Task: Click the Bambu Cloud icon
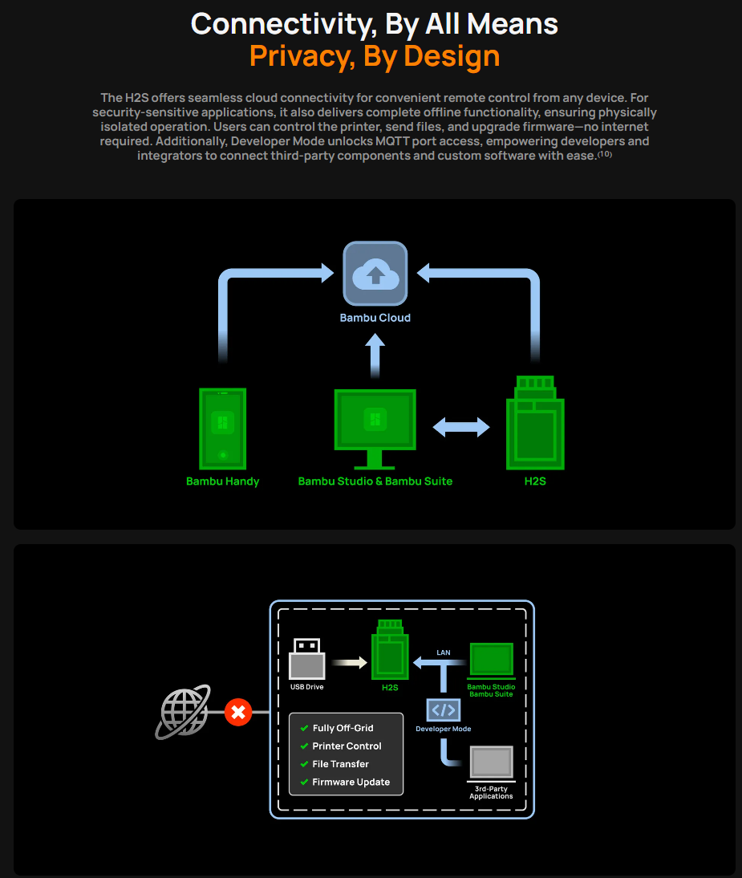click(375, 274)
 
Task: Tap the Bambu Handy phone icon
click(222, 429)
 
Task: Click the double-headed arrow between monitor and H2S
click(461, 427)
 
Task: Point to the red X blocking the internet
click(237, 711)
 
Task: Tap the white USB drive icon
click(306, 659)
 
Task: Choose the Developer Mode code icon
click(443, 709)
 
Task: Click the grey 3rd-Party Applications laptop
click(491, 762)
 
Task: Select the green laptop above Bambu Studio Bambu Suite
click(491, 660)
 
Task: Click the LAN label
click(444, 652)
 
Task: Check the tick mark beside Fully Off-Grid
click(304, 728)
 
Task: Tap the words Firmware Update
click(351, 782)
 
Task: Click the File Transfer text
click(340, 764)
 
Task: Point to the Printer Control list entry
click(347, 746)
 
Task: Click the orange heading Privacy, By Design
click(375, 56)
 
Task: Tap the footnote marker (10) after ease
click(605, 153)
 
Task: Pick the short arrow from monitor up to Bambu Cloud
click(375, 355)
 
